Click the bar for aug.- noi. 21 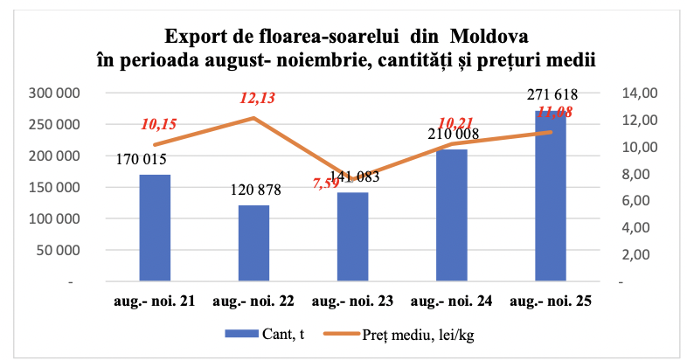155,229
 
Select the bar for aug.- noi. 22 253,244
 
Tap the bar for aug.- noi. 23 352,238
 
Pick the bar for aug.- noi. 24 451,216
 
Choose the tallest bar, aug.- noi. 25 550,197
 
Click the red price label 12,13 257,99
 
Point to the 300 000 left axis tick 54,93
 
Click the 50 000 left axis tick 59,251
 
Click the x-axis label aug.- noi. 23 352,301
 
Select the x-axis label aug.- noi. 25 550,301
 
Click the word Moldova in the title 490,38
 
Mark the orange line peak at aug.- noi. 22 253,118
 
